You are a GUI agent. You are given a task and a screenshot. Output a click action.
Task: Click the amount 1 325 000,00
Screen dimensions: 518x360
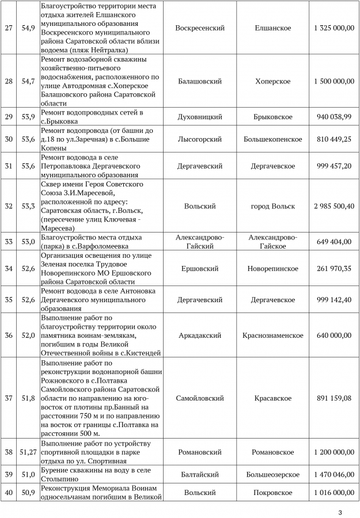334,28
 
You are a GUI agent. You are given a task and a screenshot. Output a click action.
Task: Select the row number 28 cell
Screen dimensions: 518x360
8,81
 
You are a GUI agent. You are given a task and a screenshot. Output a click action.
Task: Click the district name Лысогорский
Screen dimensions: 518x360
200,139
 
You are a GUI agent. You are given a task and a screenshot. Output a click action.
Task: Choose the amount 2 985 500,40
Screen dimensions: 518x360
334,206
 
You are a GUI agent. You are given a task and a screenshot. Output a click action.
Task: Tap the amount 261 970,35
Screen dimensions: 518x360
334,269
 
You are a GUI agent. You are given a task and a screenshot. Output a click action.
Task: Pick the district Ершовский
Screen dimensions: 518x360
200,269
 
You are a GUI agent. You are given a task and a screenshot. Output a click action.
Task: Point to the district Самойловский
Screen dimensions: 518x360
200,398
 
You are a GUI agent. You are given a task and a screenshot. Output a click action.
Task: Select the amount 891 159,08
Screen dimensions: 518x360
334,398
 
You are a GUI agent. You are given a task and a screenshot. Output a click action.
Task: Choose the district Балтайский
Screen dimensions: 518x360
200,475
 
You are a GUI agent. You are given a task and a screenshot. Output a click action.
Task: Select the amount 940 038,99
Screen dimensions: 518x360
334,117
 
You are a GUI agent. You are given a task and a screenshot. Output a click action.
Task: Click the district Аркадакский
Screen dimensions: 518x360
200,336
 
